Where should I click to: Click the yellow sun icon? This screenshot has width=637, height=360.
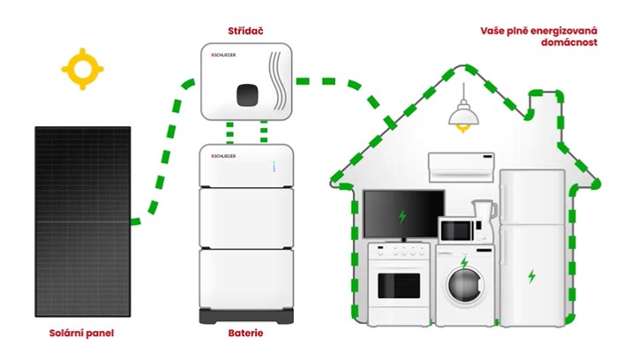(x=82, y=69)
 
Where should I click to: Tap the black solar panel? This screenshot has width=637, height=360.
(x=83, y=221)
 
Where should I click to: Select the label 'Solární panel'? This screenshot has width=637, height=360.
(x=81, y=334)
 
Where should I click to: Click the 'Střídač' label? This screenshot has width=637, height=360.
(x=245, y=32)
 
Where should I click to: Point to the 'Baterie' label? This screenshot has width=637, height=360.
(x=245, y=334)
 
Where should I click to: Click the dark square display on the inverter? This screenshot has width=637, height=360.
(x=246, y=92)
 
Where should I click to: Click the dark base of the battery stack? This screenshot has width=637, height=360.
(x=245, y=315)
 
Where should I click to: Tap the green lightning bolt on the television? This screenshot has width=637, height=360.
(x=402, y=215)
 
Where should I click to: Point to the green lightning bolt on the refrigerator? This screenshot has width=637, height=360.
(x=531, y=276)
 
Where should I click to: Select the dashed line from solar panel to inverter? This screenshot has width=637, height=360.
(x=167, y=150)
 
